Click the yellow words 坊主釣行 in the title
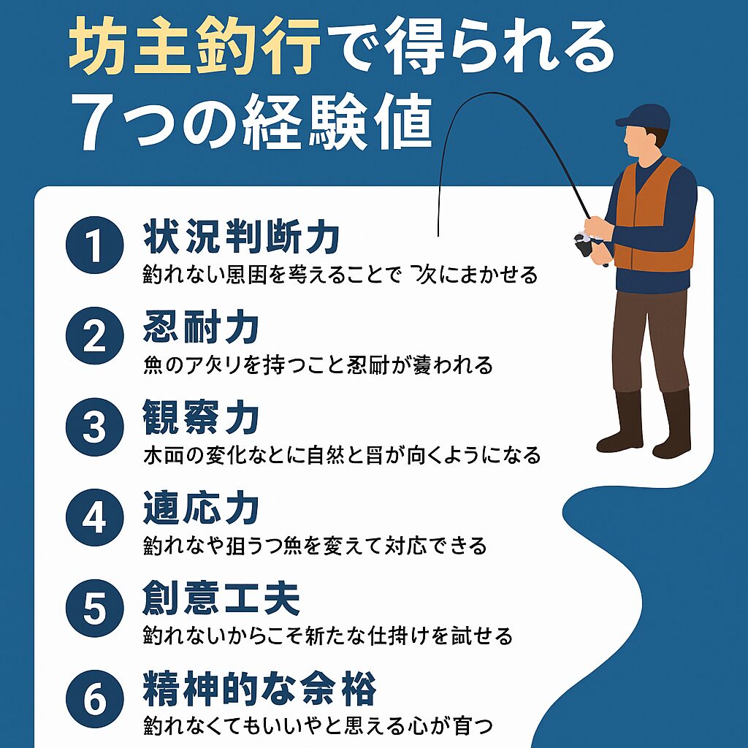click(x=196, y=53)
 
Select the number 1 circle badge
click(x=94, y=247)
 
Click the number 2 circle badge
click(x=94, y=337)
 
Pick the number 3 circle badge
click(x=94, y=427)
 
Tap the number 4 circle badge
click(x=94, y=518)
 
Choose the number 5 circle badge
click(x=94, y=608)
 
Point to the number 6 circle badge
click(x=94, y=699)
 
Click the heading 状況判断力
click(x=241, y=237)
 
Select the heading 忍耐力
click(x=201, y=328)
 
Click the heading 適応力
click(x=201, y=509)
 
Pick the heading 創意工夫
click(x=221, y=600)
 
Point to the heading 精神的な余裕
click(x=259, y=690)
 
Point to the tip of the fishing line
click(x=437, y=236)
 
